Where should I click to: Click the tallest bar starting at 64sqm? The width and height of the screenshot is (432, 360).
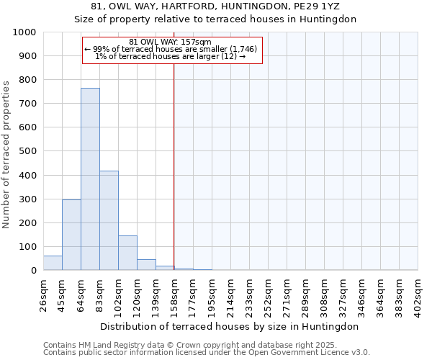tap(90, 179)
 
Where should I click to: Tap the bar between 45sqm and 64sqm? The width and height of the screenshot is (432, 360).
tap(71, 235)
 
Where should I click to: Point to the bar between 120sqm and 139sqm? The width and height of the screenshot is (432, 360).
tap(146, 264)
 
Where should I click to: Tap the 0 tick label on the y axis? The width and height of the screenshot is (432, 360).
tap(33, 271)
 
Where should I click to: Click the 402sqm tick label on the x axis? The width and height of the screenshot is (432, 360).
tap(418, 294)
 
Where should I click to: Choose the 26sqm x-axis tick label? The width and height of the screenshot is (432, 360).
tap(44, 294)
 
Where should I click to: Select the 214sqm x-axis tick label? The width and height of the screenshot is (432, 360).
tap(231, 294)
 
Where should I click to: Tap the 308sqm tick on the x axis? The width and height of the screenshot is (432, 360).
tap(325, 294)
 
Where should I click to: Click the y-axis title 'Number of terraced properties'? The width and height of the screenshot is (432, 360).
tap(6, 154)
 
